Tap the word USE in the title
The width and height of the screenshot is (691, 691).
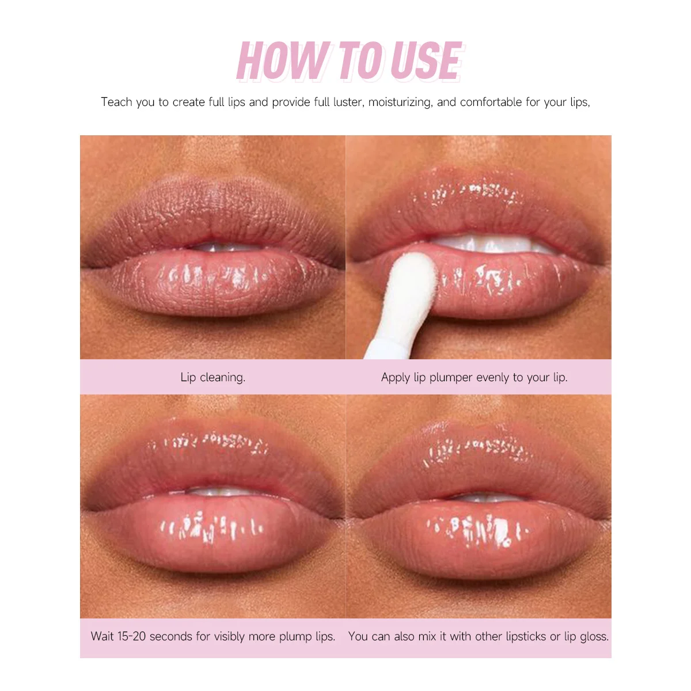coord(426,60)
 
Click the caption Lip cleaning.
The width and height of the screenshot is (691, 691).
coord(213,377)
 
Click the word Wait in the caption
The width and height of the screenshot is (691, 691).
coord(102,636)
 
